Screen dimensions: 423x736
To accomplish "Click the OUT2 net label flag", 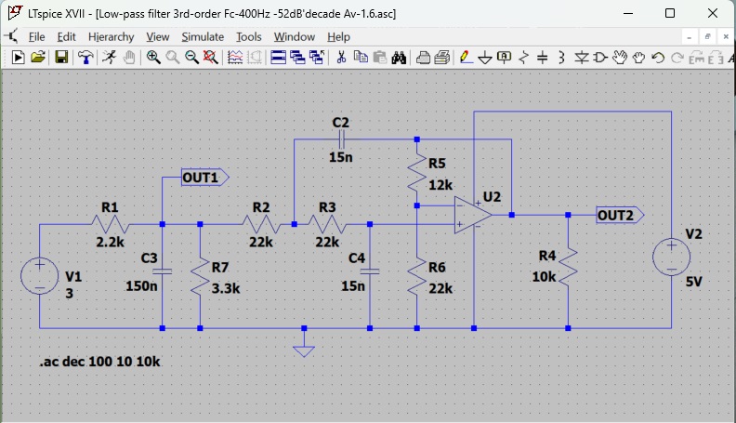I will tap(618, 215).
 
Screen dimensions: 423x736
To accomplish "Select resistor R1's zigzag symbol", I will tap(110, 224).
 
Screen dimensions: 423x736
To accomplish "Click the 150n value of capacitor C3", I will tap(141, 286).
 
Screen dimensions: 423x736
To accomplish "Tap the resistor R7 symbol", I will tap(201, 275).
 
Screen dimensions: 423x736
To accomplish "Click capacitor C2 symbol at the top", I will tap(342, 139).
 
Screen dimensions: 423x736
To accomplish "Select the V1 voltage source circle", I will tap(40, 276).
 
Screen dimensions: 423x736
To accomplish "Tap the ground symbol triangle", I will tap(304, 350).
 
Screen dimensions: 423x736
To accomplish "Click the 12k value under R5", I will tap(440, 184).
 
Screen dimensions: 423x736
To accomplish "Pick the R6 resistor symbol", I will tap(417, 275).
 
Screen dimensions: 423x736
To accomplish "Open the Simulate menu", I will tap(203, 36).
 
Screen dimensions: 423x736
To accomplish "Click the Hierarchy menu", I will tap(112, 36).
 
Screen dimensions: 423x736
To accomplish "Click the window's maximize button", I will tap(670, 13).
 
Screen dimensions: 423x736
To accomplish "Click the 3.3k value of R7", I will tap(227, 288).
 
